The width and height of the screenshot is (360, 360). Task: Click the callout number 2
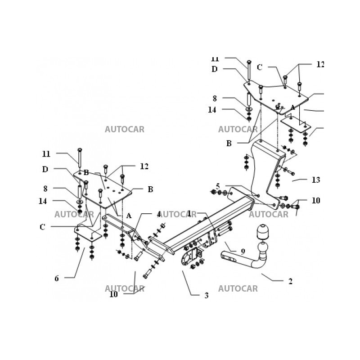(x=290, y=282)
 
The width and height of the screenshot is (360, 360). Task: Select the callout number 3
(x=207, y=296)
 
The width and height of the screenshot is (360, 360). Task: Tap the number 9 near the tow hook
(x=243, y=251)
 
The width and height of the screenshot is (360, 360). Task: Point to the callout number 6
(x=57, y=279)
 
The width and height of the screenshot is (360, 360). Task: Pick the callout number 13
(x=316, y=180)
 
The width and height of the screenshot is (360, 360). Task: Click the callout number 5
(x=218, y=186)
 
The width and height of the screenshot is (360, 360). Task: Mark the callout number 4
(x=159, y=213)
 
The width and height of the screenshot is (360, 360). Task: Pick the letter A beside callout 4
(x=129, y=216)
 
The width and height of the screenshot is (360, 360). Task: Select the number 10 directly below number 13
(x=316, y=200)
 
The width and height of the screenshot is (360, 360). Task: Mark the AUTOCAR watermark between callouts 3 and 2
(x=238, y=288)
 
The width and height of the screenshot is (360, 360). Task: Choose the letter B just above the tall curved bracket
(x=229, y=144)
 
